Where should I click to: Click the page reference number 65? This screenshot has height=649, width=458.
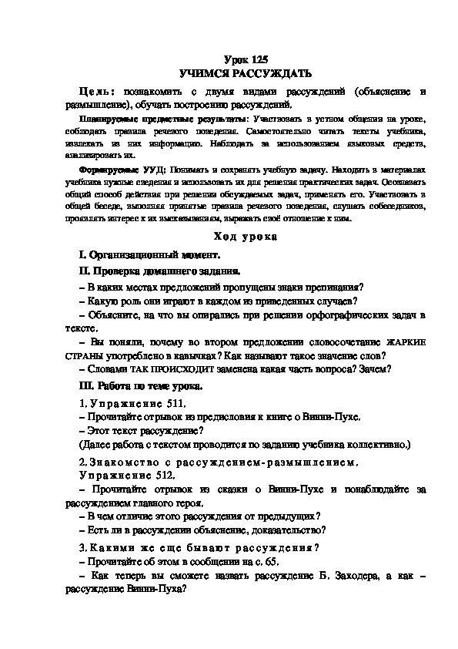coord(267,561)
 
